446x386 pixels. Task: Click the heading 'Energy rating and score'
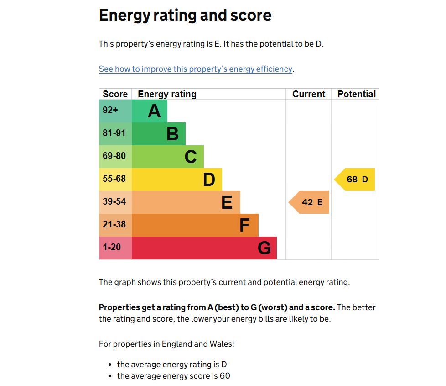(185, 16)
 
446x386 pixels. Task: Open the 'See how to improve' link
(195, 69)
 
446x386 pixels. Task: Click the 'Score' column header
(115, 94)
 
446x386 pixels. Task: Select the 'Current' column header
(309, 94)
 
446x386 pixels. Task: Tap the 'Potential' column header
(356, 94)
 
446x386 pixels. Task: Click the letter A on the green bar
(154, 111)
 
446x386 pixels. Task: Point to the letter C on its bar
(191, 157)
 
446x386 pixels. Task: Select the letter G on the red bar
(264, 249)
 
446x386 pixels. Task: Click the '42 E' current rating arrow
(310, 202)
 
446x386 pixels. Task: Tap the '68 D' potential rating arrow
(355, 180)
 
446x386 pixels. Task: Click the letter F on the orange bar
(244, 226)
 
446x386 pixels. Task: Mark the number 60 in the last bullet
(225, 376)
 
